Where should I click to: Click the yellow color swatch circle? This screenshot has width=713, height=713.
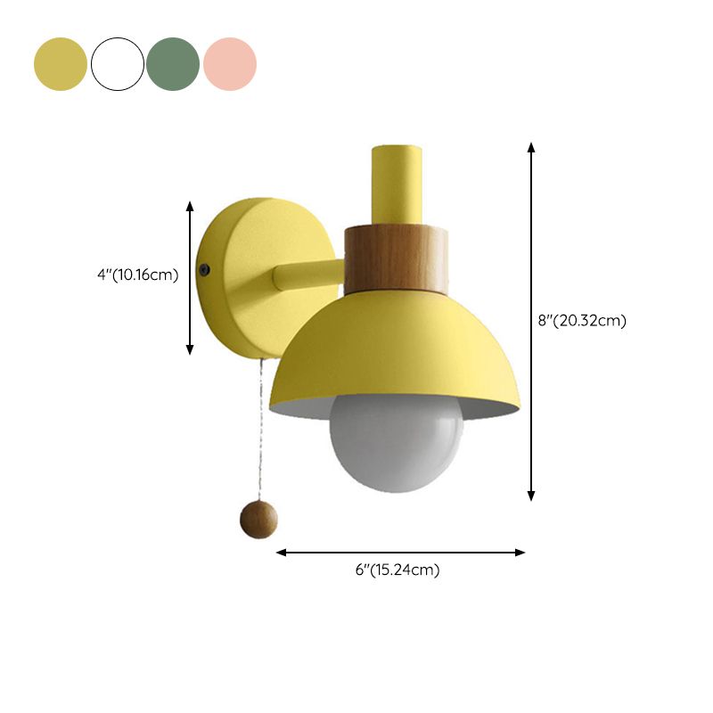tap(61, 64)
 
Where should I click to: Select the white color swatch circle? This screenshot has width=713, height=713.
tap(118, 64)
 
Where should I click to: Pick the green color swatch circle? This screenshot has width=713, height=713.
tap(173, 64)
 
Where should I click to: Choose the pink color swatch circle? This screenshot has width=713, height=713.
tap(230, 64)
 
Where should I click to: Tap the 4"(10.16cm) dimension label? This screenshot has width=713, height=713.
tap(138, 275)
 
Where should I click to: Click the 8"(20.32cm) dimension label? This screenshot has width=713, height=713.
tap(582, 321)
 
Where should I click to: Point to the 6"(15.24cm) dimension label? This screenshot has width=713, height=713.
tap(397, 570)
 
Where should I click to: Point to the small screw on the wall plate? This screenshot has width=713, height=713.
tap(208, 268)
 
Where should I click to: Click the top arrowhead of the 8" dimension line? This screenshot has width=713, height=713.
tap(532, 147)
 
